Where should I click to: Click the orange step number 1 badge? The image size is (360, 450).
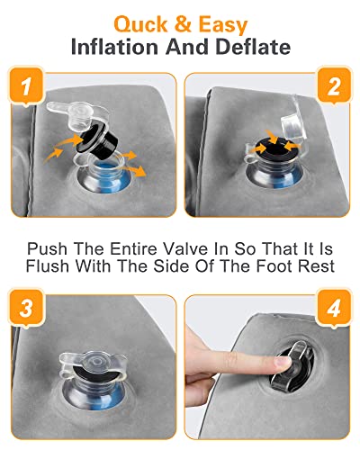pyautogui.click(x=26, y=85)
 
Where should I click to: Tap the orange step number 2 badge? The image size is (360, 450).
pyautogui.click(x=334, y=85)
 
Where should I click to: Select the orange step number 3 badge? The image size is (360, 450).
pyautogui.click(x=26, y=307)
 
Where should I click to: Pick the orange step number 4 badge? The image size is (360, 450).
pyautogui.click(x=334, y=307)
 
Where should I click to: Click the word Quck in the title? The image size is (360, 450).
pyautogui.click(x=140, y=24)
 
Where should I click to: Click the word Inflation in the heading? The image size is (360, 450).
pyautogui.click(x=114, y=47)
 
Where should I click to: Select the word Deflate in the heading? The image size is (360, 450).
pyautogui.click(x=253, y=47)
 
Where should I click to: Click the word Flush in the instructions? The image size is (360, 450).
pyautogui.click(x=48, y=265)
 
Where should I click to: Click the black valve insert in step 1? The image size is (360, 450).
pyautogui.click(x=97, y=140)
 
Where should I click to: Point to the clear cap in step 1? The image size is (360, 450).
pyautogui.click(x=77, y=114)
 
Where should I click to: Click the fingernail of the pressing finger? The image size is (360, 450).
pyautogui.click(x=283, y=362)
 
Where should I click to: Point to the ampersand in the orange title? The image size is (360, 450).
pyautogui.click(x=183, y=24)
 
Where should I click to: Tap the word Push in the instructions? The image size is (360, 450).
pyautogui.click(x=47, y=248)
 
